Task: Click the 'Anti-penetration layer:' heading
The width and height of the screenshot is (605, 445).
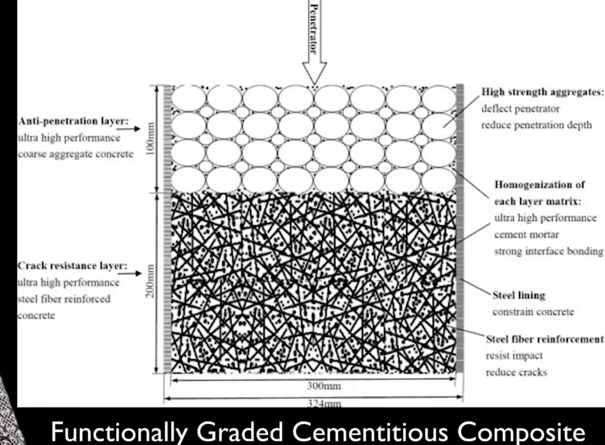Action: pos(73,121)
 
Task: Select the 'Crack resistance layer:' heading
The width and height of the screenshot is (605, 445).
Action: pos(72,265)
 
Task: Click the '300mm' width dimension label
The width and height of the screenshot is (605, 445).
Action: pos(324,386)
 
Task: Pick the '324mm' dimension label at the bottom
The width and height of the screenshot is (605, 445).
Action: pos(324,403)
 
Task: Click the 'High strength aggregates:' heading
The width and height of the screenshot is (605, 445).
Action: pos(542,92)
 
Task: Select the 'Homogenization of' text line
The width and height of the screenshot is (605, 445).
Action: pos(539,185)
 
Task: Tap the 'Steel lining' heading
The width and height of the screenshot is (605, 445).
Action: pos(519,295)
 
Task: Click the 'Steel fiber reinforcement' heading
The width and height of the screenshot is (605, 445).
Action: pos(544,339)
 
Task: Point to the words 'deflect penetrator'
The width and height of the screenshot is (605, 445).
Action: pos(520,109)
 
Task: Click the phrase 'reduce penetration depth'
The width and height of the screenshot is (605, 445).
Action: pos(536,125)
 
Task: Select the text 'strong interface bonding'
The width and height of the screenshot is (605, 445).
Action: pos(549,251)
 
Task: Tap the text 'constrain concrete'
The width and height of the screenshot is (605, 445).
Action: pos(533,312)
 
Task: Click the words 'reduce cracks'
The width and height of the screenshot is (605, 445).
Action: pos(516,372)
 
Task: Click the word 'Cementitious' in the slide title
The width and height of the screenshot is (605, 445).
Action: pos(370,432)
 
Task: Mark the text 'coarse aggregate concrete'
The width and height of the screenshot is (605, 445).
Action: pos(76,154)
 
